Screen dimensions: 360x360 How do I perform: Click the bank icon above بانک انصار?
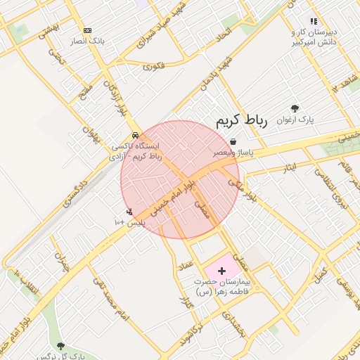pyautogui.click(x=87, y=30)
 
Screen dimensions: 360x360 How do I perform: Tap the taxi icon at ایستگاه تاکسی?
pyautogui.click(x=135, y=135)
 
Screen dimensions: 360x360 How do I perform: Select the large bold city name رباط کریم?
pyautogui.click(x=239, y=120)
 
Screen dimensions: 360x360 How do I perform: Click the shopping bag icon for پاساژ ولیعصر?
pyautogui.click(x=233, y=141)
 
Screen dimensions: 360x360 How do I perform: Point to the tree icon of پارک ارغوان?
pyautogui.click(x=295, y=108)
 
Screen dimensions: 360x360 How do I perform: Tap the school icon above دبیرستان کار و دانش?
pyautogui.click(x=314, y=22)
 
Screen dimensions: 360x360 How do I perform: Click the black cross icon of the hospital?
pyautogui.click(x=222, y=270)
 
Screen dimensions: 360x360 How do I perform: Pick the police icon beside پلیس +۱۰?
pyautogui.click(x=129, y=211)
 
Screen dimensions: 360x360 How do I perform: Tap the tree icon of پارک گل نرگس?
pyautogui.click(x=60, y=346)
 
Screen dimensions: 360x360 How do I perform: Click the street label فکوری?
pyautogui.click(x=153, y=67)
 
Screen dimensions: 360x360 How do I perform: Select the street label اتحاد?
pyautogui.click(x=223, y=34)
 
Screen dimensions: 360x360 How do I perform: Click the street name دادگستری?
pyautogui.click(x=77, y=190)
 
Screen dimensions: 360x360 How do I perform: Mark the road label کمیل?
pyautogui.click(x=321, y=271)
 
